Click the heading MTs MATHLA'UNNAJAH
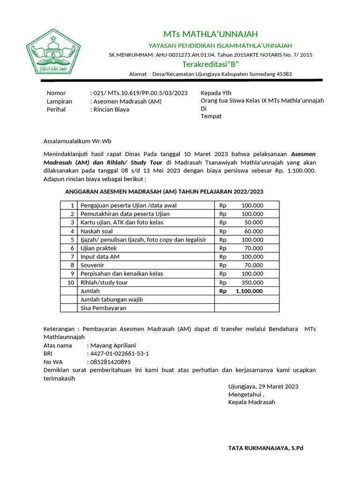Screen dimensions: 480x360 pyautogui.click(x=210, y=34)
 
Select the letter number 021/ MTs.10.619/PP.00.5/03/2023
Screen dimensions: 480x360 pyautogui.click(x=139, y=93)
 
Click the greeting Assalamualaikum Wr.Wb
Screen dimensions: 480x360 pyautogui.click(x=77, y=141)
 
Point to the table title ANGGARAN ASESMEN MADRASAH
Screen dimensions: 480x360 pyautogui.click(x=164, y=191)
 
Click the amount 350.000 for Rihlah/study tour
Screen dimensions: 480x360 pyautogui.click(x=252, y=283)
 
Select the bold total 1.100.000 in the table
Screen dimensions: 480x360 pyautogui.click(x=249, y=291)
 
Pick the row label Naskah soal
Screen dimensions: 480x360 pyautogui.click(x=97, y=231)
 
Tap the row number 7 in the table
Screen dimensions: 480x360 pyautogui.click(x=72, y=257)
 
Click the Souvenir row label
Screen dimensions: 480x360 pyautogui.click(x=93, y=265)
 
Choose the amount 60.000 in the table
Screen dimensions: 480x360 pyautogui.click(x=254, y=231)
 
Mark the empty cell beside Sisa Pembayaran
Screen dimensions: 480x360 pyautogui.click(x=247, y=308)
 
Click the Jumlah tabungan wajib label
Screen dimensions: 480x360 pyautogui.click(x=112, y=300)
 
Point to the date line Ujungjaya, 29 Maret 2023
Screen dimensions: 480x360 pyautogui.click(x=263, y=386)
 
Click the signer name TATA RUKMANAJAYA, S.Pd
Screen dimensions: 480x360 pyautogui.click(x=266, y=448)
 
